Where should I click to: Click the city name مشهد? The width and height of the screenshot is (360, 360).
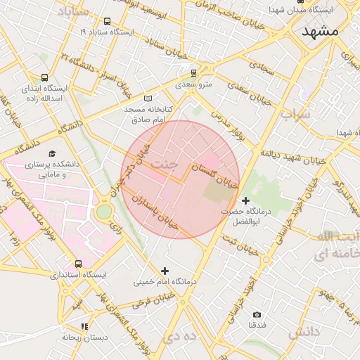[x=320, y=32]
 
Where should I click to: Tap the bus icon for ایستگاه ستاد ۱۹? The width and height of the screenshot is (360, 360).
[x=107, y=22]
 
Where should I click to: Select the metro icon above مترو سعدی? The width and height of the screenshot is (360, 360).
[x=194, y=72]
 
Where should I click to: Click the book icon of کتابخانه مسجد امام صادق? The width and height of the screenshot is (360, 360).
[x=147, y=98]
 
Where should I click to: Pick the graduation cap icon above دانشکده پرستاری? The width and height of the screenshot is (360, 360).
[x=51, y=153]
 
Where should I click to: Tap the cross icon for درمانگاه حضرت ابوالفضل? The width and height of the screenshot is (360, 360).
[x=245, y=201]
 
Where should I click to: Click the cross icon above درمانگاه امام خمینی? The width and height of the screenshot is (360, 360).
[x=165, y=271]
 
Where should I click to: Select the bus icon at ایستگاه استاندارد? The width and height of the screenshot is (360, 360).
[x=78, y=264]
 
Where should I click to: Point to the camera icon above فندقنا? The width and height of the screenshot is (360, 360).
[x=257, y=314]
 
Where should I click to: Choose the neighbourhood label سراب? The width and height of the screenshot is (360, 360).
[x=295, y=113]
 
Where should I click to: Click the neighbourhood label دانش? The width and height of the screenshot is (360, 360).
[x=304, y=330]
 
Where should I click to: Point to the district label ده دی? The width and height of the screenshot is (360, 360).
[x=180, y=337]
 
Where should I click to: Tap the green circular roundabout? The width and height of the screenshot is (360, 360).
[x=104, y=211]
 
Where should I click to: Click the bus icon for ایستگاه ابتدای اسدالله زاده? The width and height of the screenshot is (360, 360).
[x=45, y=78]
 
